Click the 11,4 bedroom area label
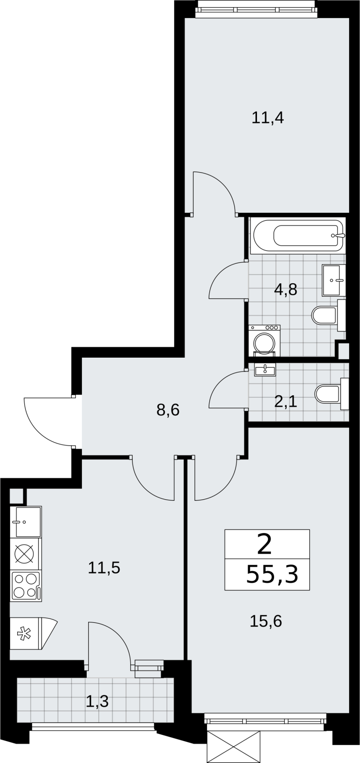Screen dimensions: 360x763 coord(267,118)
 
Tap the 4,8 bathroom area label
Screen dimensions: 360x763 coord(286,290)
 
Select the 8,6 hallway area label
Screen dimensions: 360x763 coord(168,410)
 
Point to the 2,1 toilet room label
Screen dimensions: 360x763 coord(286,402)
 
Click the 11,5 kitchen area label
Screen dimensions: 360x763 coord(104,568)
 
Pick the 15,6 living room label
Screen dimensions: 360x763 coord(266,621)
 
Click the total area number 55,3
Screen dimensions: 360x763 coord(272,574)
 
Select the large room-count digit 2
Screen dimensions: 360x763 coord(265,545)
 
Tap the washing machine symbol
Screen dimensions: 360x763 coord(264,340)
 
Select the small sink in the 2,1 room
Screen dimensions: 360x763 coord(265,370)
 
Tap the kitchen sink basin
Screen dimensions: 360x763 coord(26,522)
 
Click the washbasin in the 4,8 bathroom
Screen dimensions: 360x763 coord(333,280)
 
